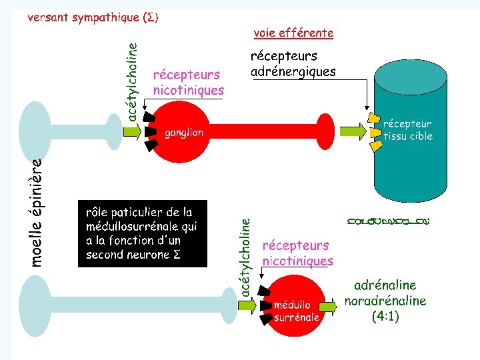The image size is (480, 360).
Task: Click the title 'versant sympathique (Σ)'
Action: (x=93, y=17)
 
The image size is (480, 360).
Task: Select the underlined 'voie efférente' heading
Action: (x=293, y=32)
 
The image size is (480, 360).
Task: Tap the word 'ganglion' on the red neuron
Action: (x=184, y=133)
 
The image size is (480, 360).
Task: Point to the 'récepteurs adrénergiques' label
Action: (x=293, y=64)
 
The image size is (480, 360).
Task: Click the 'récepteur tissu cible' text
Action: (x=407, y=130)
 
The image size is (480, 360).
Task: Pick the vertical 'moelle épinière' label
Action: (x=38, y=212)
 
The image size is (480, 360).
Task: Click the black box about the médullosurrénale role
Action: (x=143, y=233)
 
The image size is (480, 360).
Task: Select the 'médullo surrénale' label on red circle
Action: (x=297, y=311)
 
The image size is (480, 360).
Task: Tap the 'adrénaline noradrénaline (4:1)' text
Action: (x=385, y=301)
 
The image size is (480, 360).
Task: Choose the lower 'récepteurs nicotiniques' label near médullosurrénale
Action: (x=298, y=253)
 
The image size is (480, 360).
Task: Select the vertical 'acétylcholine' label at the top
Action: (x=133, y=82)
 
